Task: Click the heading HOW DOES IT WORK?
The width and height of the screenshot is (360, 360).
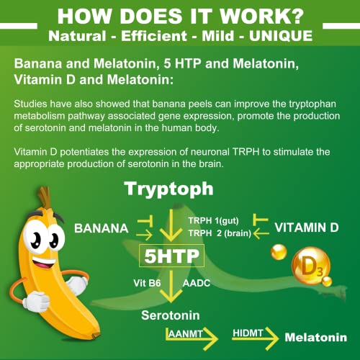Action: (x=180, y=16)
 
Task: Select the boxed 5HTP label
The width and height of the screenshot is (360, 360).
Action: (x=171, y=255)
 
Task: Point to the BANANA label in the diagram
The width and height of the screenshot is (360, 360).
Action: (x=102, y=228)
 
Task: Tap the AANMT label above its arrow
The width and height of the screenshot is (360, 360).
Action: (x=185, y=333)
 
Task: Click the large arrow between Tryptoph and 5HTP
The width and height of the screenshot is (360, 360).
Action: (x=171, y=223)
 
